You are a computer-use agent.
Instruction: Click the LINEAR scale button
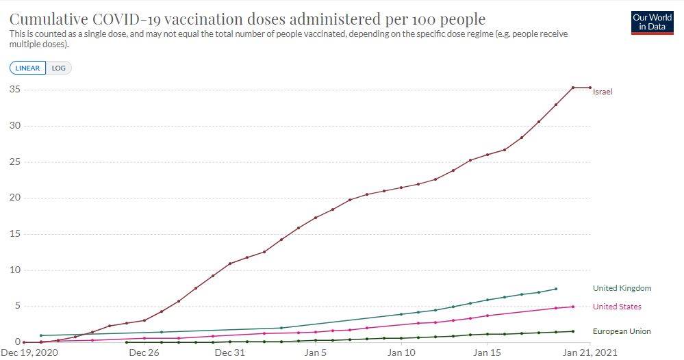(x=28, y=68)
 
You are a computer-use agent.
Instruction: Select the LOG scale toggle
(x=59, y=68)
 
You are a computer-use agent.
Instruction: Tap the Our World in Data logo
(x=652, y=22)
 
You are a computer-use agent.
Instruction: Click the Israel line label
(x=603, y=92)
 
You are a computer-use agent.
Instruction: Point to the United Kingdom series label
(x=622, y=288)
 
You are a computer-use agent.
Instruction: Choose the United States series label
(x=617, y=307)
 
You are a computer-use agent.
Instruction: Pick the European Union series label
(x=622, y=331)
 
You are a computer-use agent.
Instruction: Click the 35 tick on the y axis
(x=14, y=90)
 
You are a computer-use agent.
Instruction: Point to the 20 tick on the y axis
(x=14, y=198)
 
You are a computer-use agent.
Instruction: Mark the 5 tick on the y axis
(x=16, y=306)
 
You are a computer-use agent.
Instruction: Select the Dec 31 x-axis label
(x=229, y=353)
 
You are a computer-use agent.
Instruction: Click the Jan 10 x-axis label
(x=401, y=353)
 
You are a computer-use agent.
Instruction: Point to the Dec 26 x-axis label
(x=144, y=353)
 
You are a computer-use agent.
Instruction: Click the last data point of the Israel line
(x=590, y=88)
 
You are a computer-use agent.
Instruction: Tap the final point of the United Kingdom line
(x=555, y=289)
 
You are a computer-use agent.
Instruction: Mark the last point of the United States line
(x=572, y=307)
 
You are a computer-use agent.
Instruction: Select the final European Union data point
(x=572, y=331)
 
